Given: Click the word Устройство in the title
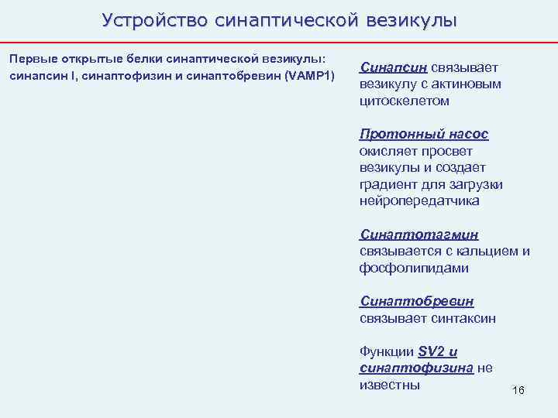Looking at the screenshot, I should [x=152, y=20].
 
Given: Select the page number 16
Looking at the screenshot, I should [x=518, y=390].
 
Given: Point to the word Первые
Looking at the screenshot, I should [x=29, y=60].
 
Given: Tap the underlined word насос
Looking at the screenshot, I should [x=467, y=134].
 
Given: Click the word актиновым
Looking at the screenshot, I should [x=466, y=84].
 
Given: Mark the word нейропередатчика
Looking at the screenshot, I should [x=419, y=200].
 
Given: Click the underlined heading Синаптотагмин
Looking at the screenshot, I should [x=419, y=235].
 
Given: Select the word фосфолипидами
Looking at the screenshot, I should [x=414, y=268].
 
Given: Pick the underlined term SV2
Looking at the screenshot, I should [x=431, y=351].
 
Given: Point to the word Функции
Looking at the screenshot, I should [x=386, y=351].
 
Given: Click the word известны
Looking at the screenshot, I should [x=390, y=385].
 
